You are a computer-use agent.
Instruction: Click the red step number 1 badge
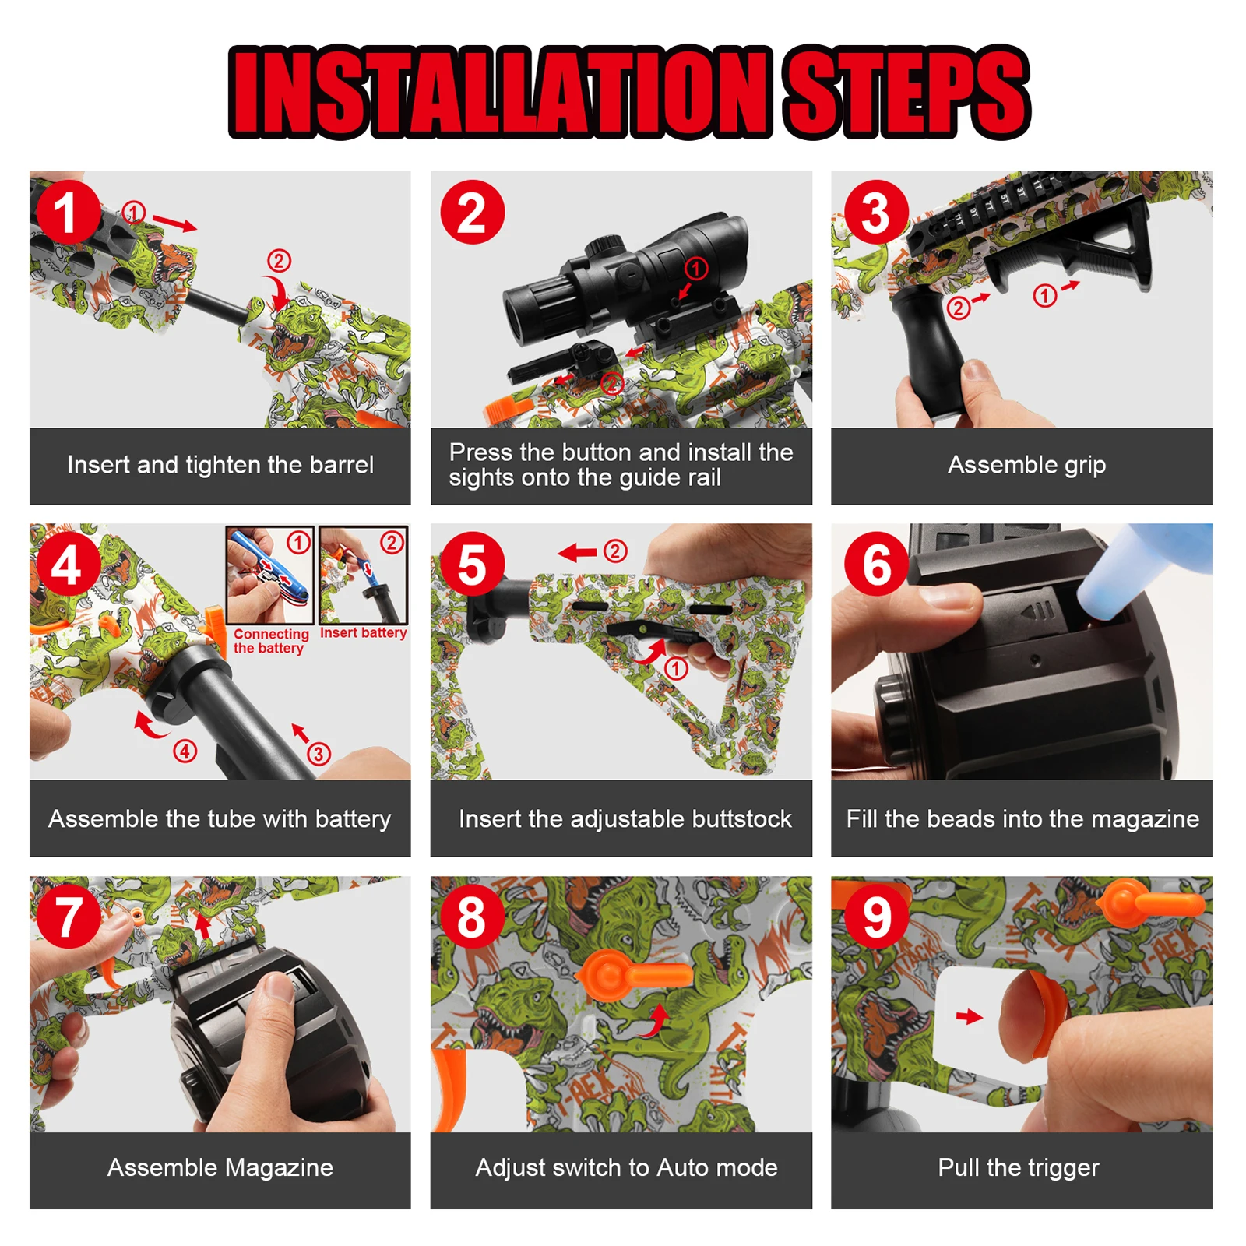(68, 212)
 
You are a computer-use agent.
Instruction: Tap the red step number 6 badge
(876, 564)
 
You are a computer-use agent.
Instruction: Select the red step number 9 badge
(876, 917)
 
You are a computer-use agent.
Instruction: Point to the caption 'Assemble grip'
(1026, 465)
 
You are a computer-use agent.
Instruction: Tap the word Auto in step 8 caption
(683, 1167)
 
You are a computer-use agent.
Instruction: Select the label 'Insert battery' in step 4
(363, 633)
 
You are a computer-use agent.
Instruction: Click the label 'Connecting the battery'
(270, 641)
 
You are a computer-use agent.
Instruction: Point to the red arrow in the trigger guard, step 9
(969, 1016)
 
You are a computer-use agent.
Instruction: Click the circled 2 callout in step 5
(616, 551)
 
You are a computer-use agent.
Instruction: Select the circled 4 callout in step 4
(185, 751)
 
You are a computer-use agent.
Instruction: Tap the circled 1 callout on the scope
(696, 269)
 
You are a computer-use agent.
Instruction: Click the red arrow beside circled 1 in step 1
(174, 224)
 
